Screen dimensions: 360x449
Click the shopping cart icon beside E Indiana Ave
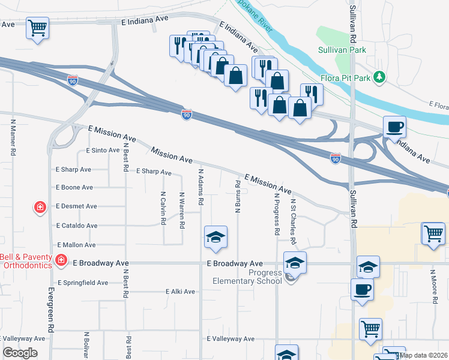pos(37,28)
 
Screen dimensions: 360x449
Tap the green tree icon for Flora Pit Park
pos(379,77)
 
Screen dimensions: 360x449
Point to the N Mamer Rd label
pos(13,137)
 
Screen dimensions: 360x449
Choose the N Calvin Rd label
pos(163,208)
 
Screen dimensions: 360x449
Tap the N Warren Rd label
pos(181,210)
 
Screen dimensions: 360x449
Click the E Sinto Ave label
pos(103,150)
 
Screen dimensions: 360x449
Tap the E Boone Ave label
pos(74,187)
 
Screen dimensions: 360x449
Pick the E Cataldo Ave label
pos(76,226)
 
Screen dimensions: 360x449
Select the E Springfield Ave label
pos(83,282)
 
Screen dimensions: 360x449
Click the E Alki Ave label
pos(181,292)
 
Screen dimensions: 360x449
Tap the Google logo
pos(20,353)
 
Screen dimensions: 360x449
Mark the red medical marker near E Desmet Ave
pos(40,208)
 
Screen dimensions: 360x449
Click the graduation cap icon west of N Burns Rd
pos(215,237)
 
